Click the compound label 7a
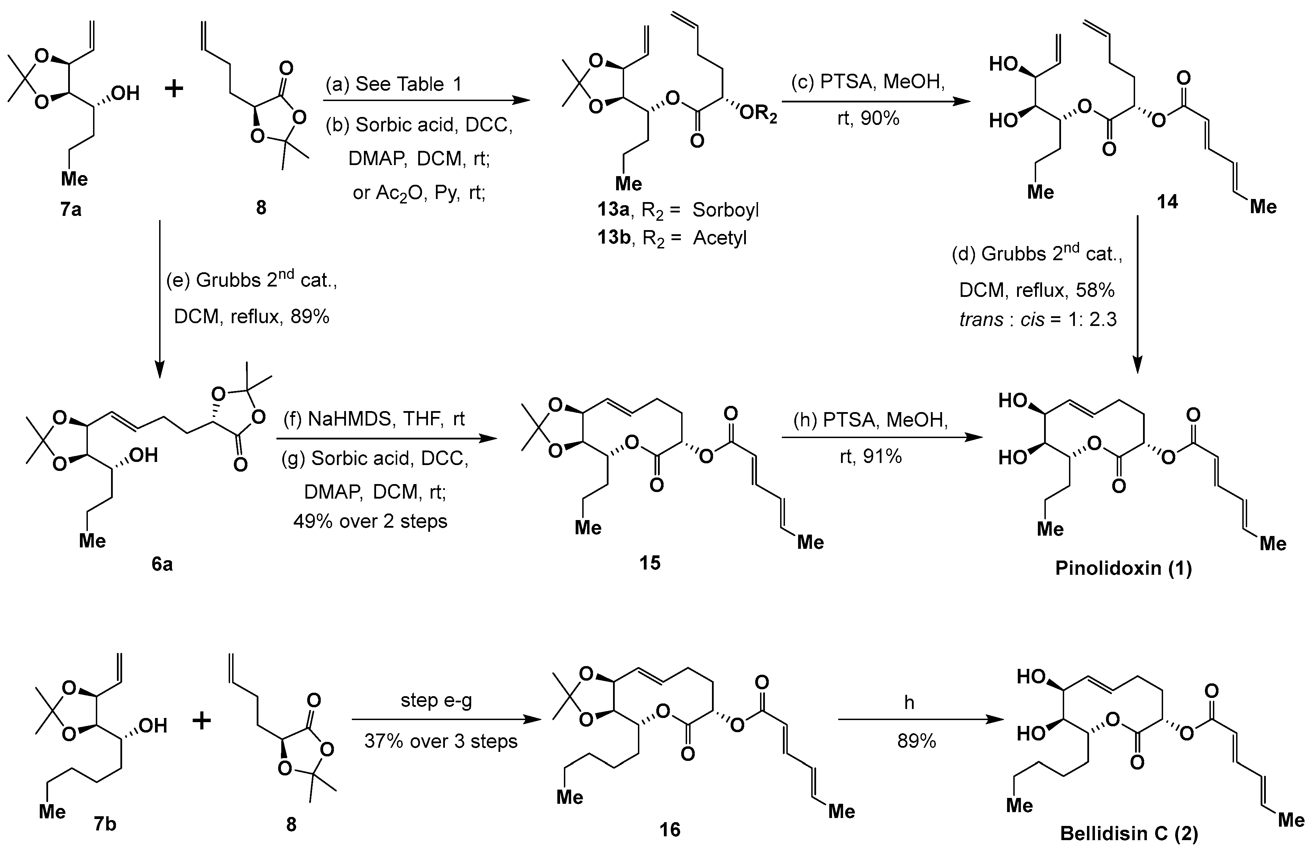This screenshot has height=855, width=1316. (71, 210)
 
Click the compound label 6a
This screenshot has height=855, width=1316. (162, 564)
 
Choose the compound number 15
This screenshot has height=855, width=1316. (650, 563)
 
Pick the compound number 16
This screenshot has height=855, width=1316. (670, 829)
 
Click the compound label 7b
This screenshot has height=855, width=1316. (105, 824)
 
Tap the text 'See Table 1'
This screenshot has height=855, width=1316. (408, 84)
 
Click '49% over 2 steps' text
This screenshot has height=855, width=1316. (370, 521)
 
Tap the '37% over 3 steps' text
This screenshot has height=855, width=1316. (441, 741)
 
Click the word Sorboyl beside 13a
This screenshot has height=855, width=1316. (725, 210)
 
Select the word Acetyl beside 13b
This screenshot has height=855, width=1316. (719, 238)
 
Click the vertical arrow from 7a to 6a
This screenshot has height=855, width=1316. (160, 299)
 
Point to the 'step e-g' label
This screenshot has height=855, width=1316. (436, 701)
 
